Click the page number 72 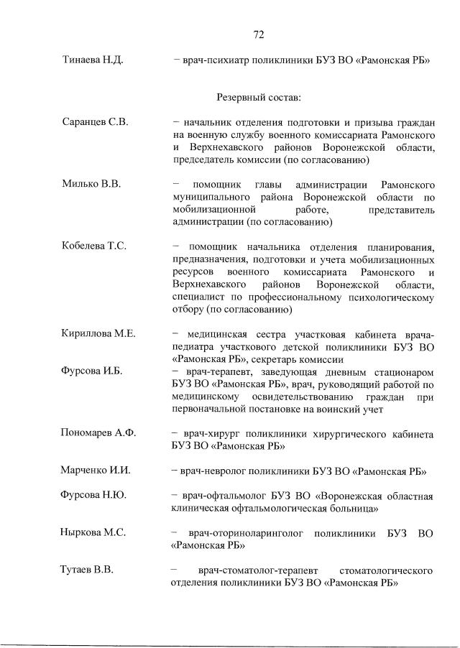(259, 34)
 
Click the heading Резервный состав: (259, 96)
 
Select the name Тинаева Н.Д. (93, 60)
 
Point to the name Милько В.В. (91, 184)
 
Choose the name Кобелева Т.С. (95, 246)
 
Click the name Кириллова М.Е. (99, 334)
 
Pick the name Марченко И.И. (97, 471)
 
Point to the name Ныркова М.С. (94, 532)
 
